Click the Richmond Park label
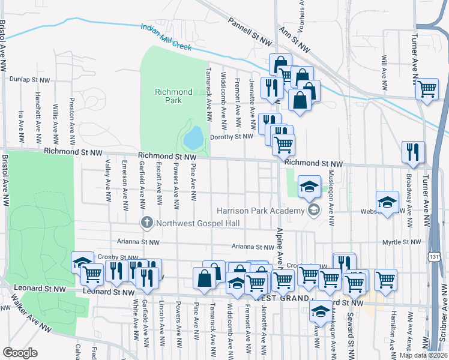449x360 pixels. pos(173,96)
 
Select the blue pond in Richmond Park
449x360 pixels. pos(193,137)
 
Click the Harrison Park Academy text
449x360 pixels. pos(261,211)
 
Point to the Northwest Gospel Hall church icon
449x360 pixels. pos(146,223)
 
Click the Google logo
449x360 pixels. pos(20,353)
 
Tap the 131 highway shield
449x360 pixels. pos(432,257)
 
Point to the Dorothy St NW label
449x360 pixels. pos(232,137)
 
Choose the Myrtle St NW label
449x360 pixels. pos(402,242)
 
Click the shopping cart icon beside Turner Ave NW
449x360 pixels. pos(427,89)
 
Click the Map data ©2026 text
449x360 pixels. pos(423,355)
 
